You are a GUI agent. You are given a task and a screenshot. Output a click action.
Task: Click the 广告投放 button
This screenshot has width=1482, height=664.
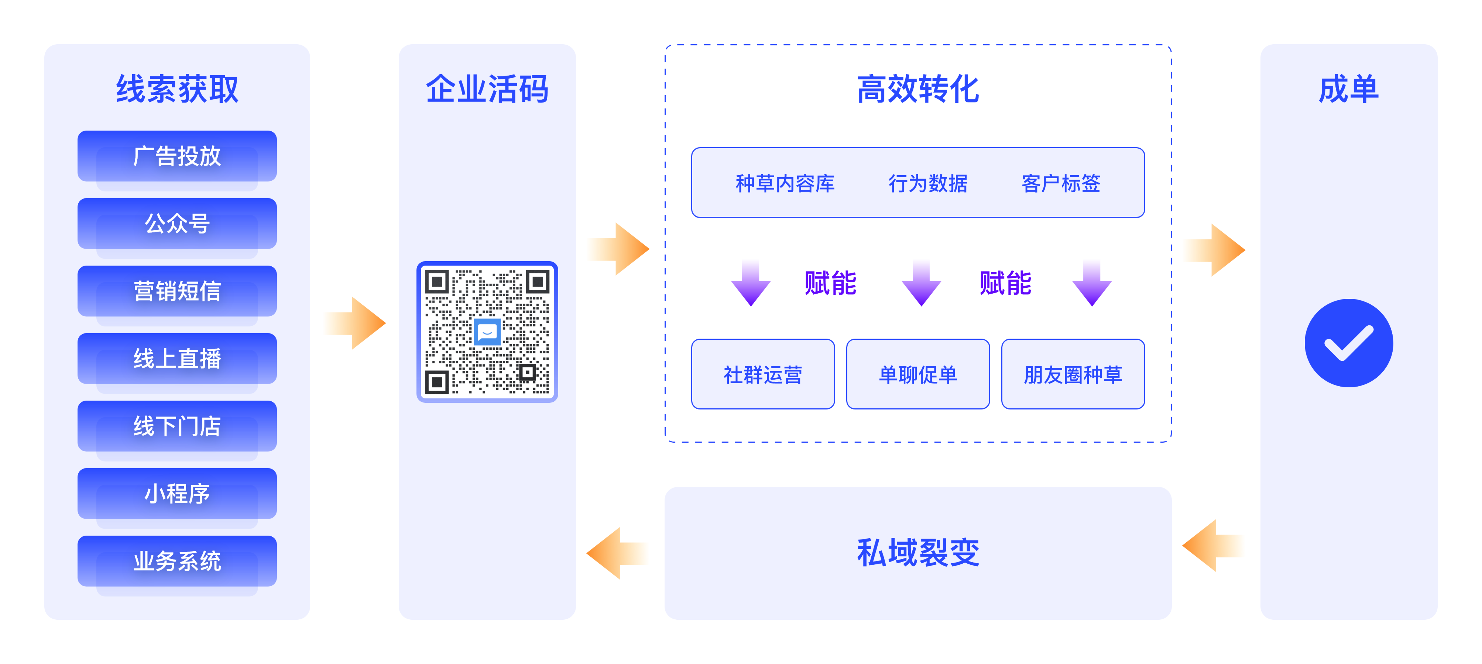point(177,156)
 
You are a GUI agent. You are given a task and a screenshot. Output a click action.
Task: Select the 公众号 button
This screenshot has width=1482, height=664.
point(177,224)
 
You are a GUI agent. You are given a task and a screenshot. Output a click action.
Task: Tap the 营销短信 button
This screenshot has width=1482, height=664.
point(177,291)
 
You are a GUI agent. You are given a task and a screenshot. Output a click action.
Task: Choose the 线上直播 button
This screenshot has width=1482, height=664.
point(177,359)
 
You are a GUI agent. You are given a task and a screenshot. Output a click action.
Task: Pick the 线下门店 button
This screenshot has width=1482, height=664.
point(177,426)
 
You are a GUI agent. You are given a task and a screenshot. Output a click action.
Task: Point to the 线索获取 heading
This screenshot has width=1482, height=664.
point(177,89)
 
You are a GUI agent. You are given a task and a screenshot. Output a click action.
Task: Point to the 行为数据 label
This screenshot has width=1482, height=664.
point(927,183)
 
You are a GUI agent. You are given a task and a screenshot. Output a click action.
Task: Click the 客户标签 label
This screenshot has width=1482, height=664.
point(1060,183)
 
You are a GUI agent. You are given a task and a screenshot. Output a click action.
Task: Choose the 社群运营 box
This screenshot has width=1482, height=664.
point(763,374)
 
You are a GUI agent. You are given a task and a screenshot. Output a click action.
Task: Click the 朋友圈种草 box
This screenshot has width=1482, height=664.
point(1073,374)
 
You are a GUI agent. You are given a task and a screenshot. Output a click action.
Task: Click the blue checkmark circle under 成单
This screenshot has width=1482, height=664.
point(1348,343)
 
